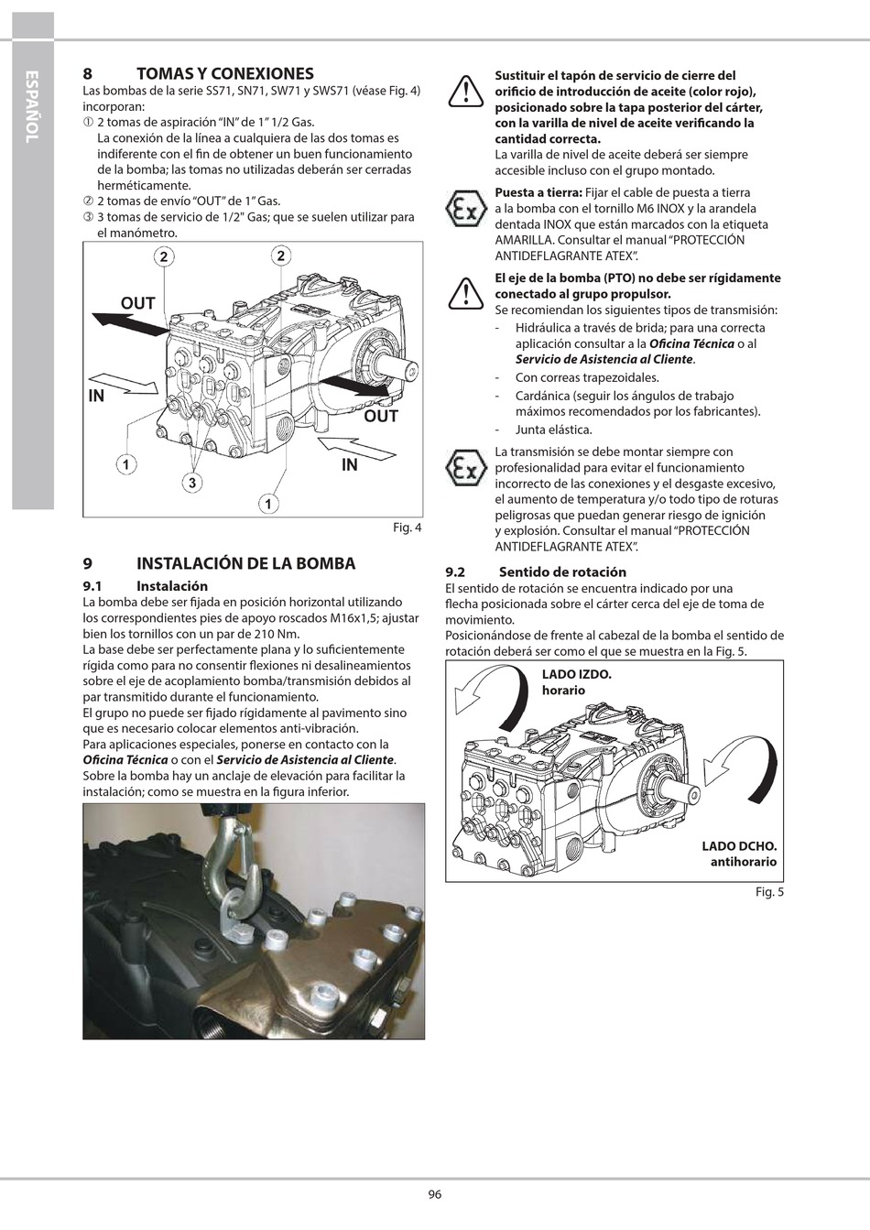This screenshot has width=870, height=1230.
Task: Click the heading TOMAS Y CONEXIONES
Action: click(x=225, y=73)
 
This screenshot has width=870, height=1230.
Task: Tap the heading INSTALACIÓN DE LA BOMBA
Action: click(x=246, y=563)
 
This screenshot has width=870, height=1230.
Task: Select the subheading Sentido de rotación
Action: click(x=562, y=572)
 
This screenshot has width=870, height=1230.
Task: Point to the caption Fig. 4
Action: click(x=408, y=528)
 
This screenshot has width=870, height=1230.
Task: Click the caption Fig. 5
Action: click(x=769, y=892)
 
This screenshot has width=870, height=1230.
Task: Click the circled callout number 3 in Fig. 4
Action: click(x=192, y=484)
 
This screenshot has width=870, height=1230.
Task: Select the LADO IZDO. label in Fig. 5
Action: click(x=576, y=674)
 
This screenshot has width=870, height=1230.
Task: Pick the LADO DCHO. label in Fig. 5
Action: click(x=739, y=846)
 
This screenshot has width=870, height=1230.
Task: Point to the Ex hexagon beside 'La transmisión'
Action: click(x=465, y=468)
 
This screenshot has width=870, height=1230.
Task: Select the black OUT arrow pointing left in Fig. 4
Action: click(x=129, y=323)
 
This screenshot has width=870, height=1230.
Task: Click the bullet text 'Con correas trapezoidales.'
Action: click(x=587, y=377)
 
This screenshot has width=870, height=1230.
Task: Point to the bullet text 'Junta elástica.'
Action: click(x=553, y=430)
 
